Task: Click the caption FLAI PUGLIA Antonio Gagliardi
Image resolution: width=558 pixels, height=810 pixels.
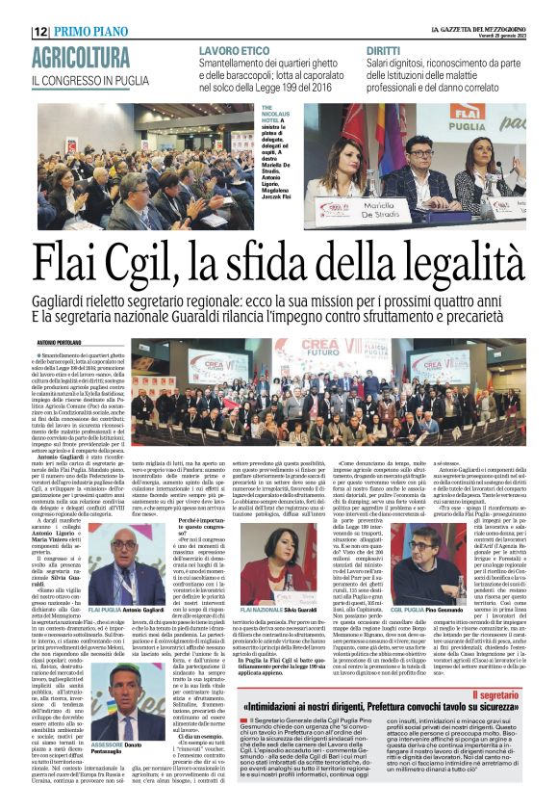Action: [x=125, y=611]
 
